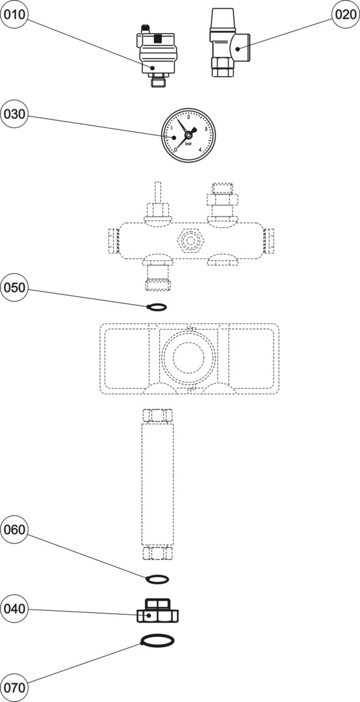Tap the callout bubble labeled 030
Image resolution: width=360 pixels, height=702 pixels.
[14, 114]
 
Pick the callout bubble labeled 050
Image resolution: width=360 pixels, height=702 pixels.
[14, 288]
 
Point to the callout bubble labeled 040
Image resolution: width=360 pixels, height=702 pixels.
[14, 609]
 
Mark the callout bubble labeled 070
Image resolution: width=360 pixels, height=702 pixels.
[14, 687]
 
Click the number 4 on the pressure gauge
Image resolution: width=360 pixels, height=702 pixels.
[199, 150]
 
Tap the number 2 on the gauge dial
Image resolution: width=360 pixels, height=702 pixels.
[188, 118]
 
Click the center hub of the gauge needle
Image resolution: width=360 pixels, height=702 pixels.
[188, 135]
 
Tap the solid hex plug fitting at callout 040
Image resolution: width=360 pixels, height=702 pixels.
[157, 610]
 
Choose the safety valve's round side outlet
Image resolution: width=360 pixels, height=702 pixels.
[242, 47]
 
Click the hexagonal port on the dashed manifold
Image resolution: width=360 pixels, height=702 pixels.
[191, 240]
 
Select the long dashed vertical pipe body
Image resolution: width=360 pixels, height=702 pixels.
[157, 484]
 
